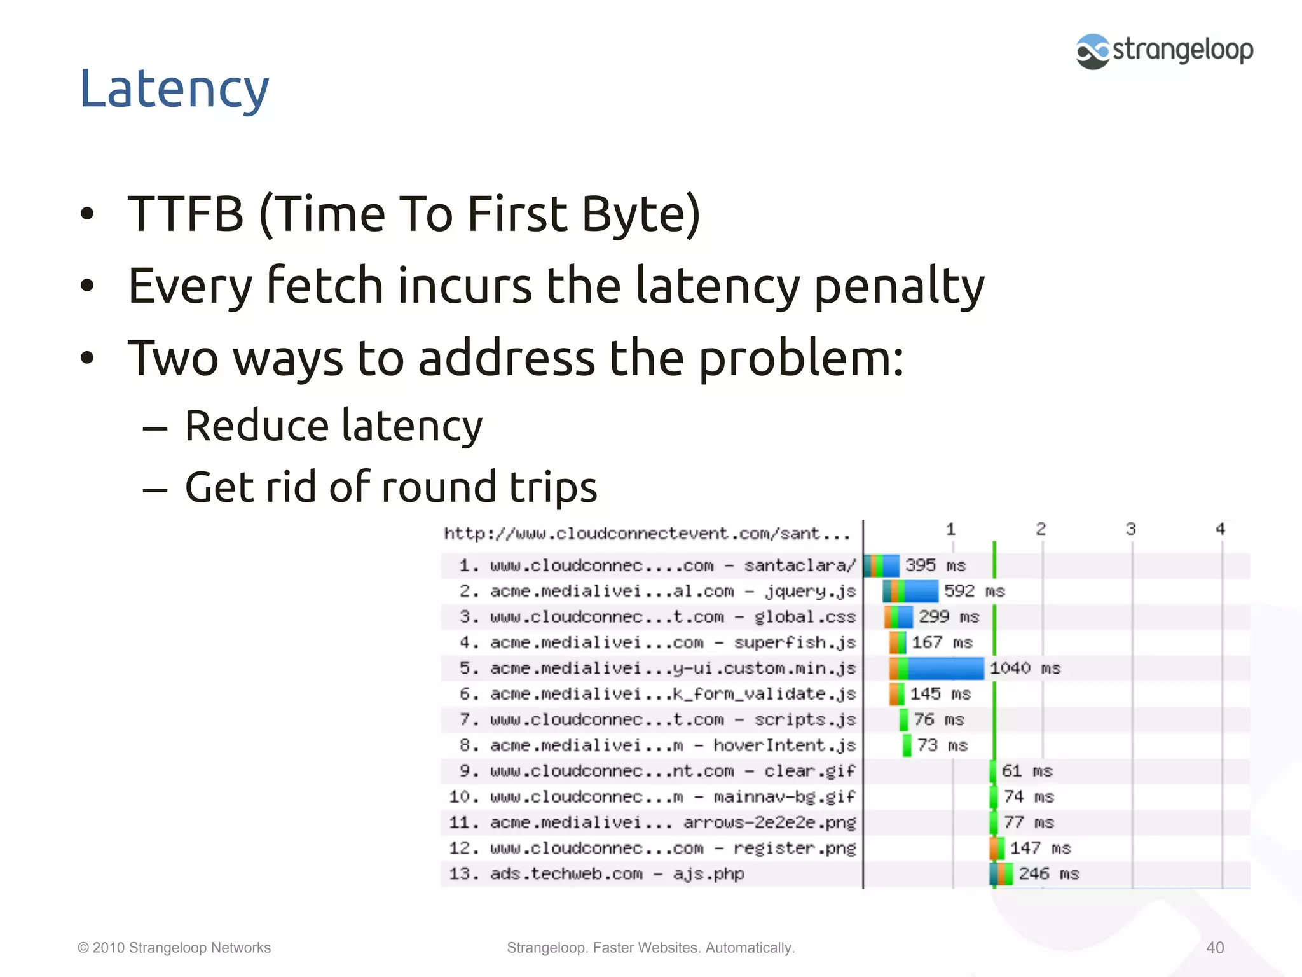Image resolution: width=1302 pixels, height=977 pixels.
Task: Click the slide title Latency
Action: coord(174,89)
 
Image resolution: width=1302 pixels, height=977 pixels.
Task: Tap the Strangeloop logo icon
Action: coord(1092,52)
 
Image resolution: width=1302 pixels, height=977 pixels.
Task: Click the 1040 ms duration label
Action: coord(1025,669)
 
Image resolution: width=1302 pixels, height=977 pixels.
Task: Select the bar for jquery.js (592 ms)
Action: coord(910,592)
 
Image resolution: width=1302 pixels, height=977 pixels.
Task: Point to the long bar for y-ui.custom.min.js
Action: coord(936,669)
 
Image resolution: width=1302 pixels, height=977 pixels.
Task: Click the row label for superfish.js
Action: coord(657,643)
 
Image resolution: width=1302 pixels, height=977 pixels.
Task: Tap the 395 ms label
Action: coord(935,565)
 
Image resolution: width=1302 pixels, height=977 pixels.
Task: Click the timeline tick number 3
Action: coord(1131,529)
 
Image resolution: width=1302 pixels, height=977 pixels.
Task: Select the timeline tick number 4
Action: coord(1220,529)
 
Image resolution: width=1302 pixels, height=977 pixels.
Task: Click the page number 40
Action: coord(1215,948)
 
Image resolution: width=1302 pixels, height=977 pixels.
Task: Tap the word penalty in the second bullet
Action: coord(899,286)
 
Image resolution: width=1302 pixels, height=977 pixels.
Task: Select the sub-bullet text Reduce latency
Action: coord(333,426)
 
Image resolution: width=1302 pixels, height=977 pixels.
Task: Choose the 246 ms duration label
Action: coord(1049,874)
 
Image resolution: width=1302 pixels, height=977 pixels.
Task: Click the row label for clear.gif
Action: coord(657,771)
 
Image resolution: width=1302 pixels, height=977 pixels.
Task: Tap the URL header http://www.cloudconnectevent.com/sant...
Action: coord(647,534)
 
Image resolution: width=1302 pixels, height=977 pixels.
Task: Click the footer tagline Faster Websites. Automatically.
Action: coord(693,948)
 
